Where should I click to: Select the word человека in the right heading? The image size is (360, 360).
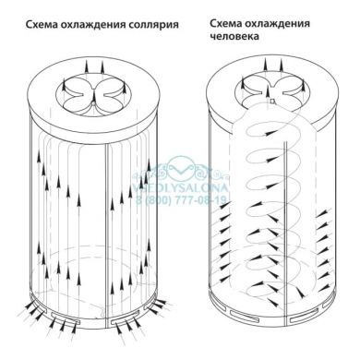click(235, 39)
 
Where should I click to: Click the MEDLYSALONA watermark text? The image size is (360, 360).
click(181, 183)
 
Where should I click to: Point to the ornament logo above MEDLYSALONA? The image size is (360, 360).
click(181, 169)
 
